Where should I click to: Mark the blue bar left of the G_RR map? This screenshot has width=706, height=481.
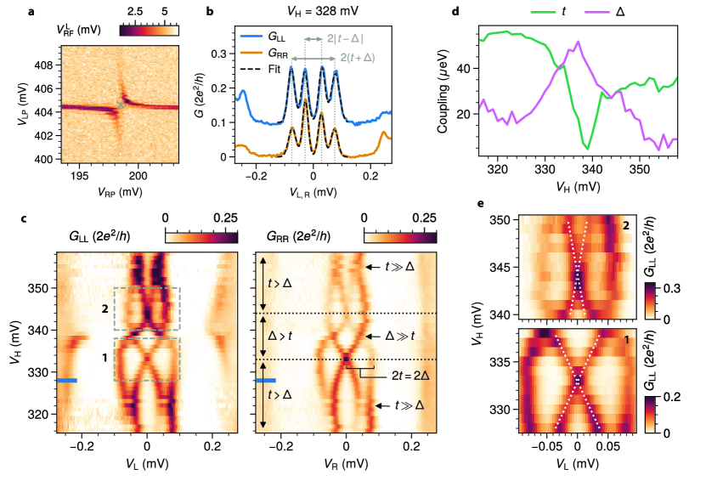click(x=265, y=380)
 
